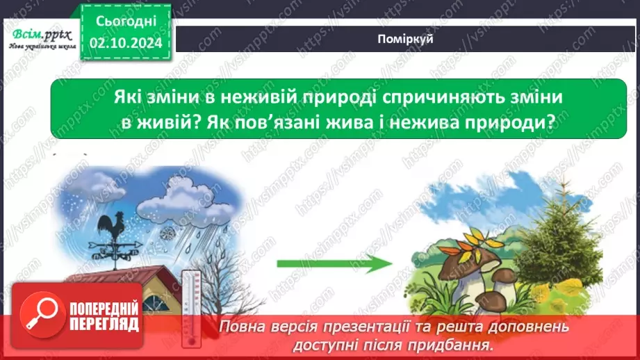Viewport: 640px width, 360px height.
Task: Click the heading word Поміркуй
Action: click(407, 40)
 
